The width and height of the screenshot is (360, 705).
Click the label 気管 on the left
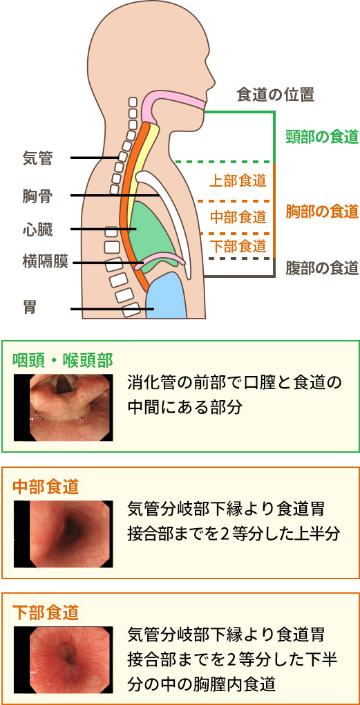[x=37, y=158]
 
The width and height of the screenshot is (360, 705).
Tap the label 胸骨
[x=37, y=196]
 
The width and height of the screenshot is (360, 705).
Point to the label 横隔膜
[x=45, y=262]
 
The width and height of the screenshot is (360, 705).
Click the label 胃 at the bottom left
[x=30, y=309]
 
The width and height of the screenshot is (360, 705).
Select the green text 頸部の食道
[x=322, y=137]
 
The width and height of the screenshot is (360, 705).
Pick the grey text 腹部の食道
[x=322, y=268]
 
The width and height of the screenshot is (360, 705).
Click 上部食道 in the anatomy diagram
[x=238, y=181]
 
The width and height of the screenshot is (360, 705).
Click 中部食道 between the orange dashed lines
[x=238, y=218]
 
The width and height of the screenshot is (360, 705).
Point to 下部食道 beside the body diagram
[x=238, y=246]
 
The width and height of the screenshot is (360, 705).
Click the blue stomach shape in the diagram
[x=167, y=297]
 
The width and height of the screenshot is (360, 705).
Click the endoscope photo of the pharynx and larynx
[x=63, y=407]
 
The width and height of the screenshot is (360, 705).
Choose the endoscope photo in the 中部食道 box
[x=63, y=534]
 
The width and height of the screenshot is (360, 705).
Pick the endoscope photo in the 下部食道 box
[x=63, y=660]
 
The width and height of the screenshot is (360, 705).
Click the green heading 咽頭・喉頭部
[x=62, y=359]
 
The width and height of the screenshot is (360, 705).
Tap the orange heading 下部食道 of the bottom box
[x=46, y=612]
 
